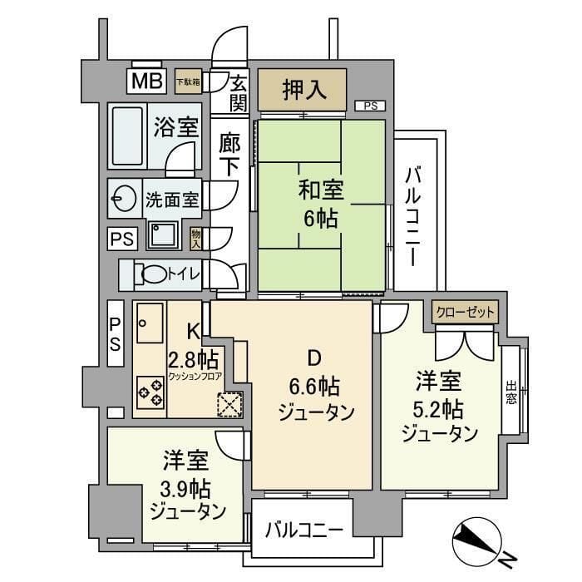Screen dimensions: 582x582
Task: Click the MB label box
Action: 145,81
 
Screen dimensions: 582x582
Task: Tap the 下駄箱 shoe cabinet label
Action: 187,81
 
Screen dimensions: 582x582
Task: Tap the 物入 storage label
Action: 196,239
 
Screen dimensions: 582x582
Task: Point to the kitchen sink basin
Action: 150,325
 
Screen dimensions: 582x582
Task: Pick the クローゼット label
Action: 465,313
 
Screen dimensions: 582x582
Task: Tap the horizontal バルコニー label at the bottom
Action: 303,529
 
